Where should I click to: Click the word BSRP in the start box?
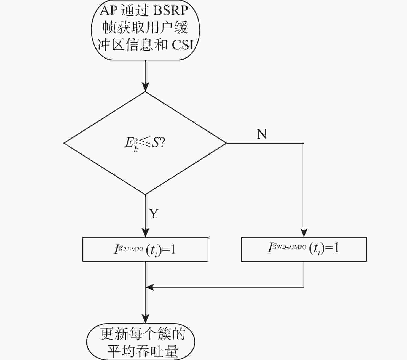pos(170,11)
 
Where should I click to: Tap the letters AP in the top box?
pos(108,11)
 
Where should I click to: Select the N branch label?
pos(262,134)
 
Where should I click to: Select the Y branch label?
pos(154,213)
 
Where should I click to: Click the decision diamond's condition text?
pos(145,144)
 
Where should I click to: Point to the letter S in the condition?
pos(156,143)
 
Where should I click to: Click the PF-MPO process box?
pos(145,249)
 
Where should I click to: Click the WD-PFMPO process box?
pos(304,249)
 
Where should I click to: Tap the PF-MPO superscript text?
pos(133,249)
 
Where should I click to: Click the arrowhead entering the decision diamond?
pos(145,87)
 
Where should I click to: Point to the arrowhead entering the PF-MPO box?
pos(145,233)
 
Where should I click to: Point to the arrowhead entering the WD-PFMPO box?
pos(304,233)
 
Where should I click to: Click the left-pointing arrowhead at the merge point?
pos(150,287)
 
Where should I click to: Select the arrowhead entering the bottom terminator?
pos(145,319)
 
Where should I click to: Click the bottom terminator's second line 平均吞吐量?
pos(143,351)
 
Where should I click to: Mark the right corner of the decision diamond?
pos(226,143)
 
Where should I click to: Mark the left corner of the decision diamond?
pos(64,143)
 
